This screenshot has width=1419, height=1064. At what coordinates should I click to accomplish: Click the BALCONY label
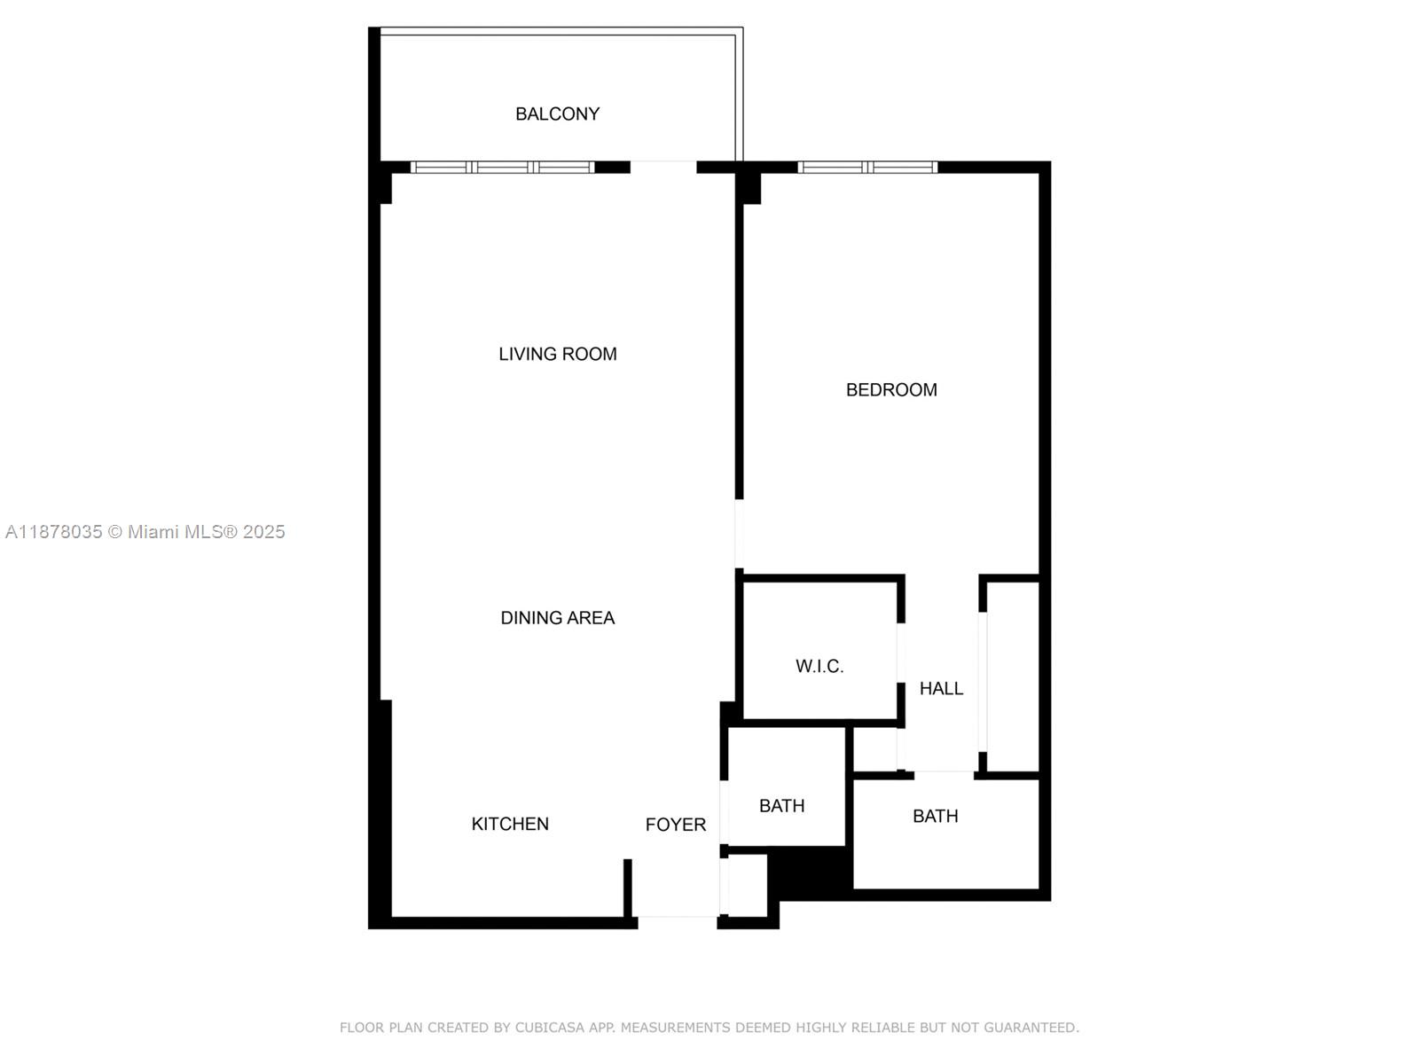(x=557, y=113)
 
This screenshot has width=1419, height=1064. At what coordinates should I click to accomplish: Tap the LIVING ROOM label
(x=557, y=354)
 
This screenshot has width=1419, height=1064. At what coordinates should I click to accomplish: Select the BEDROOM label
(x=890, y=389)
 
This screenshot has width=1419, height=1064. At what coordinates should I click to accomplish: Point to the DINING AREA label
(x=557, y=617)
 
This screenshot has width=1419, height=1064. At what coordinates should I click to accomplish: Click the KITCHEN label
(x=510, y=824)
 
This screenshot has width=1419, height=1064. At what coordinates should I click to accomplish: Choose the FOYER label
(x=675, y=825)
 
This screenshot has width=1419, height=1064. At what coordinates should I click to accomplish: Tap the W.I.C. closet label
(x=819, y=666)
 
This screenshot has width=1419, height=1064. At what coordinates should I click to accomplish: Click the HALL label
(x=940, y=688)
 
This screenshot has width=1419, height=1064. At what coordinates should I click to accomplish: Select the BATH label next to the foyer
(x=781, y=805)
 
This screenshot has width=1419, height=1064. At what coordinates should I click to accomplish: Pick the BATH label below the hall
(x=935, y=816)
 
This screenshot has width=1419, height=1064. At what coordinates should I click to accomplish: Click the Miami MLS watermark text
(x=145, y=531)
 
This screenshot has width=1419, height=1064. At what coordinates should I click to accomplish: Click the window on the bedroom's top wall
(x=866, y=167)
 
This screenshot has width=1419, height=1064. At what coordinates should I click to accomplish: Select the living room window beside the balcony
(x=502, y=167)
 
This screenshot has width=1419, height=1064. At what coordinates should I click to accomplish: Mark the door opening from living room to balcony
(x=662, y=167)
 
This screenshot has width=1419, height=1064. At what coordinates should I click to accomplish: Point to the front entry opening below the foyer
(x=677, y=921)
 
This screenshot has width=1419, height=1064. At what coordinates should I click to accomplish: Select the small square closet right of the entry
(x=747, y=885)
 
